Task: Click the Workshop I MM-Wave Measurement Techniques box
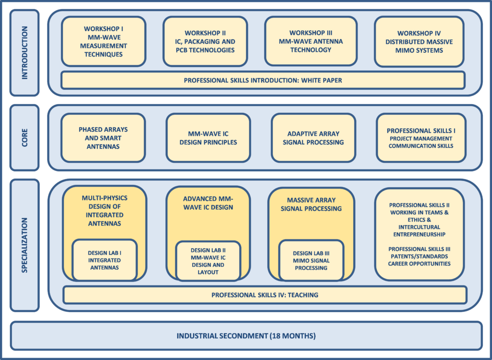point(103,41)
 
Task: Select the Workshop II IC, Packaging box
point(205,41)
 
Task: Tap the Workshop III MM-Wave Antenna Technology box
point(311,41)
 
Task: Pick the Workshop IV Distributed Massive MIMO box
point(419,41)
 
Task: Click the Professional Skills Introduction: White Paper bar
point(263,80)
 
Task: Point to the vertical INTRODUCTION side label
point(25,52)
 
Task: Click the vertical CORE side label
point(25,137)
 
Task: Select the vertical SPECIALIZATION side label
point(25,245)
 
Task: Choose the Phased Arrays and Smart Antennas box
point(103,138)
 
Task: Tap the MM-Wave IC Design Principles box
point(208,138)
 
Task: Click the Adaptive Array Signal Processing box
point(313,138)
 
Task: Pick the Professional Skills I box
point(421,138)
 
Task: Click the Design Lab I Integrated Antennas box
point(105,260)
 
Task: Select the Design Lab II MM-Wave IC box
point(208,261)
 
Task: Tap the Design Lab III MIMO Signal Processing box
point(311,260)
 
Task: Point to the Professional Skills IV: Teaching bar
point(265,295)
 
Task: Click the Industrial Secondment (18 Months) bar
point(246,336)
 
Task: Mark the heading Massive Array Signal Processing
point(311,204)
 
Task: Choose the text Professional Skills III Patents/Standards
point(419,256)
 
